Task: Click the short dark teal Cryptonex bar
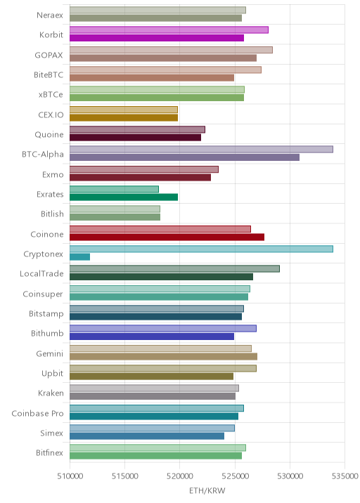coord(79,257)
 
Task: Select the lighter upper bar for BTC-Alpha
coord(201,149)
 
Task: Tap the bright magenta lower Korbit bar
coord(157,38)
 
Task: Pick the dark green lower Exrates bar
coord(124,197)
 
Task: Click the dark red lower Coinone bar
coord(167,237)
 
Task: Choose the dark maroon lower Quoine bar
coord(135,137)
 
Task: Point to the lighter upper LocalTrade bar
coord(174,269)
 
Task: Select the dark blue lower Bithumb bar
coord(152,337)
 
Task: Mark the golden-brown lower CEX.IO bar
coord(124,117)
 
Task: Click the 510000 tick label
coord(70,476)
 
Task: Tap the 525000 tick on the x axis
coord(235,476)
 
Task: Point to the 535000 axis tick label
coord(345,476)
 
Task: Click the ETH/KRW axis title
coord(207,491)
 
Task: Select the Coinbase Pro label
coord(37,413)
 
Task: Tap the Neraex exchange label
coord(50,15)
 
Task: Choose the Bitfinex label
coord(49,452)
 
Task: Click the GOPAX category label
coord(49,55)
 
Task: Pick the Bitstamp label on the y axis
coord(46,313)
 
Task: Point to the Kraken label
coord(51,393)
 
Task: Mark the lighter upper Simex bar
coord(152,428)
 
